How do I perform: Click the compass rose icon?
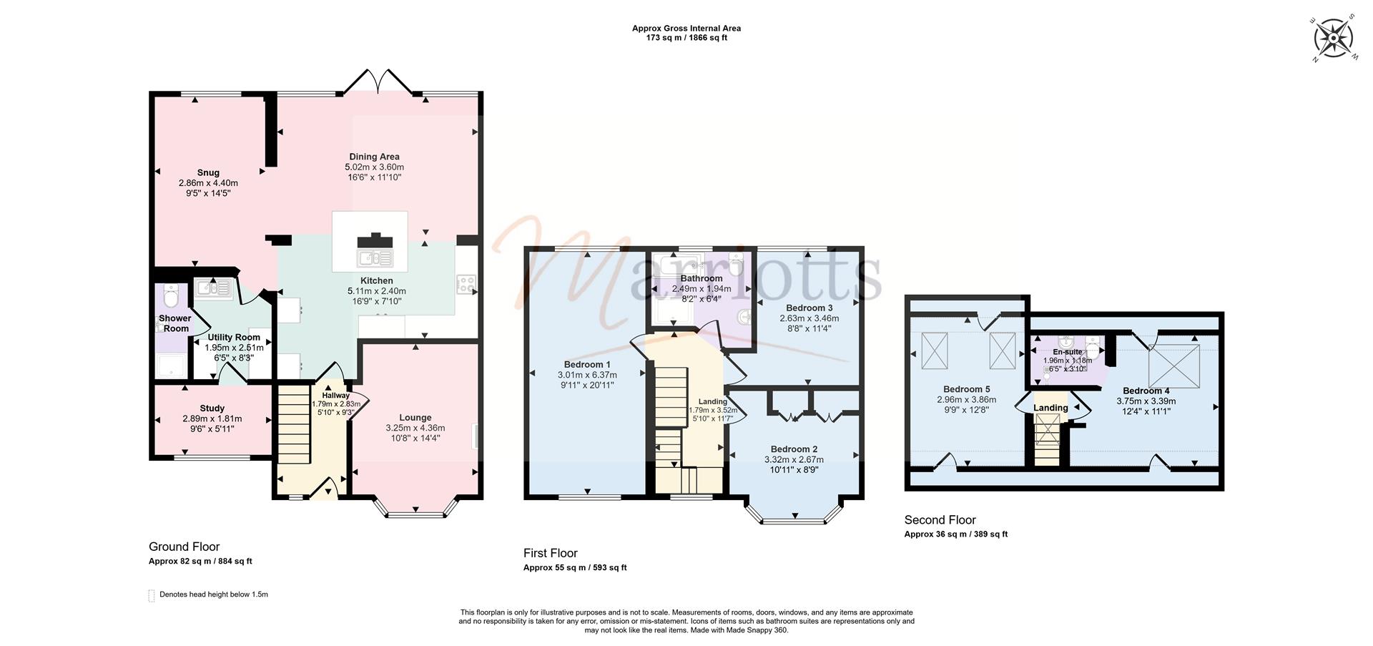pyautogui.click(x=1334, y=37)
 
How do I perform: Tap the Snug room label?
pyautogui.click(x=208, y=172)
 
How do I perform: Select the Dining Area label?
pyautogui.click(x=374, y=157)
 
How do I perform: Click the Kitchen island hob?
pyautogui.click(x=375, y=241)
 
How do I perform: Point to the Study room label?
pyautogui.click(x=212, y=408)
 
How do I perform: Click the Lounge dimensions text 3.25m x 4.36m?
pyautogui.click(x=415, y=428)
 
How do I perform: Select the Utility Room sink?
pyautogui.click(x=211, y=288)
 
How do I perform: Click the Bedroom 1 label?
pyautogui.click(x=587, y=365)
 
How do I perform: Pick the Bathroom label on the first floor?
pyautogui.click(x=701, y=278)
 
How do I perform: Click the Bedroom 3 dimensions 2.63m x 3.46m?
pyautogui.click(x=809, y=318)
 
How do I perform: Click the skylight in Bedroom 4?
pyautogui.click(x=1174, y=365)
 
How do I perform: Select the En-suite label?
pyautogui.click(x=1068, y=352)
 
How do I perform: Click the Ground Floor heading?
pyautogui.click(x=184, y=547)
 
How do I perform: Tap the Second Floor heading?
pyautogui.click(x=940, y=520)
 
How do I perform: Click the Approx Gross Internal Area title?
pyautogui.click(x=686, y=29)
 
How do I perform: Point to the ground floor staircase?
pyautogui.click(x=294, y=434)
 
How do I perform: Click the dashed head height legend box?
pyautogui.click(x=151, y=595)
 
